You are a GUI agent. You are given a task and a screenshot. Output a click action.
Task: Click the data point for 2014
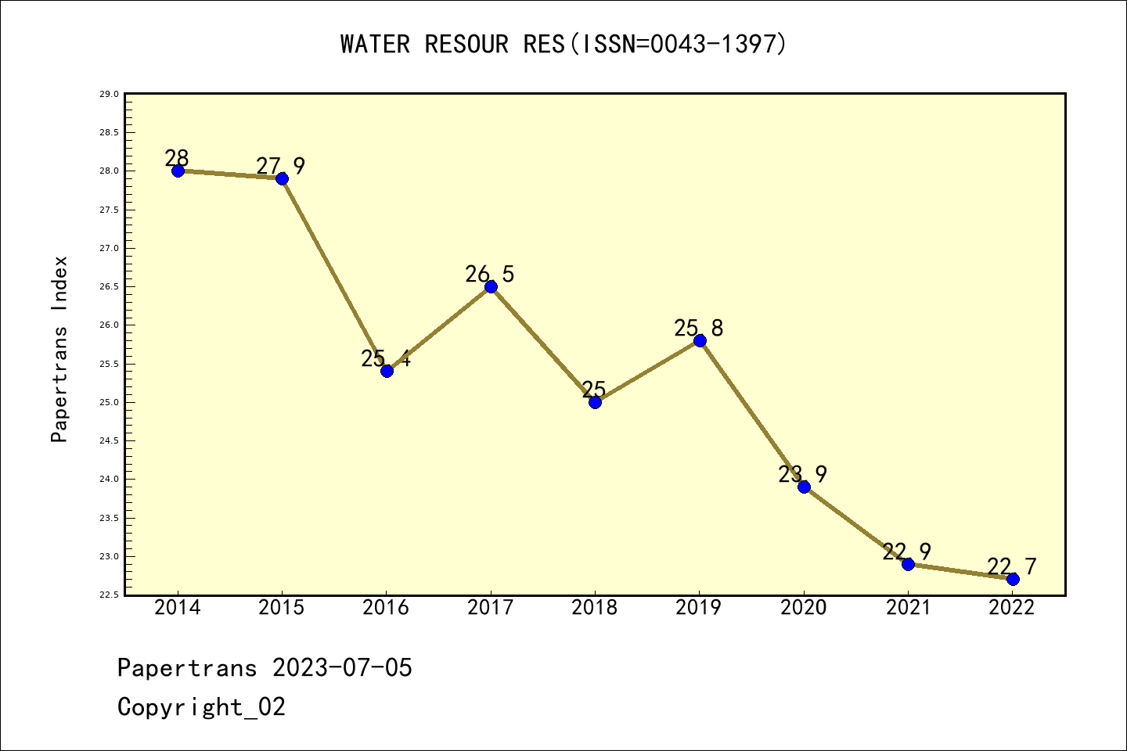[178, 171]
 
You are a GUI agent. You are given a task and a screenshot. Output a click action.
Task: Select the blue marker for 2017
[491, 286]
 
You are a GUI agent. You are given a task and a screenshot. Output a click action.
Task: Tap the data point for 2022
[1013, 579]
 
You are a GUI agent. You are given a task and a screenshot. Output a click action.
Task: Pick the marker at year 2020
[804, 487]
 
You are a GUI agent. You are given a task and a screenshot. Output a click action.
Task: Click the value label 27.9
[281, 166]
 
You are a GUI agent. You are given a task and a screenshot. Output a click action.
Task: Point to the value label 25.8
[699, 328]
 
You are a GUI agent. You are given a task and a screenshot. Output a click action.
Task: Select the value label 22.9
[907, 552]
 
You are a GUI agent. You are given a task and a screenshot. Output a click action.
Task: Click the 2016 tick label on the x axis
[386, 608]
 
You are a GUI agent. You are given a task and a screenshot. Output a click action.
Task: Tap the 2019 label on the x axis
[699, 608]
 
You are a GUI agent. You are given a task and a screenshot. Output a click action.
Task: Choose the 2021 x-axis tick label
[908, 608]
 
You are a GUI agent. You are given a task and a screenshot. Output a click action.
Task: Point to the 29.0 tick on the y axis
[109, 95]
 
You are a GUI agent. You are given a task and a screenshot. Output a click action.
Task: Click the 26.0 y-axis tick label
[109, 325]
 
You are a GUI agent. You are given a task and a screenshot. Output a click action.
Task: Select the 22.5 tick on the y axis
[109, 595]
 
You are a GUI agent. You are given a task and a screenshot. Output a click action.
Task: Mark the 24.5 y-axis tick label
[109, 441]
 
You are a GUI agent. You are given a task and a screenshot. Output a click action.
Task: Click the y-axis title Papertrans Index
[60, 349]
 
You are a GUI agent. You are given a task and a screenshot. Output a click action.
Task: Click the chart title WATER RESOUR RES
[452, 45]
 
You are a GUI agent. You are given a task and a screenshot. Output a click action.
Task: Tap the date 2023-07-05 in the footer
[342, 668]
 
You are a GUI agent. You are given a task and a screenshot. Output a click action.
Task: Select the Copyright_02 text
[202, 707]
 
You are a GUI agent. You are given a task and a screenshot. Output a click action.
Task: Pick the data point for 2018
[595, 402]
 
